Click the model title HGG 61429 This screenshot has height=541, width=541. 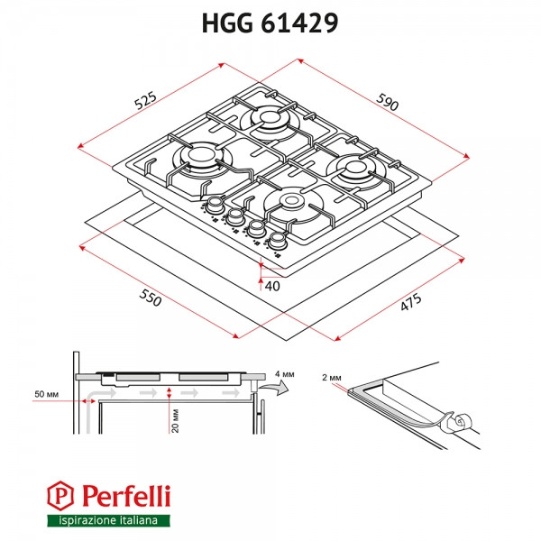[270, 24]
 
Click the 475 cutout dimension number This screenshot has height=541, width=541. [409, 306]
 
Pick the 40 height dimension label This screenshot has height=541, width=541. [272, 286]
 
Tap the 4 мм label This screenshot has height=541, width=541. [286, 371]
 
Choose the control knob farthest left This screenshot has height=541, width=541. [216, 206]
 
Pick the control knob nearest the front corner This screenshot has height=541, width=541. [277, 240]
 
